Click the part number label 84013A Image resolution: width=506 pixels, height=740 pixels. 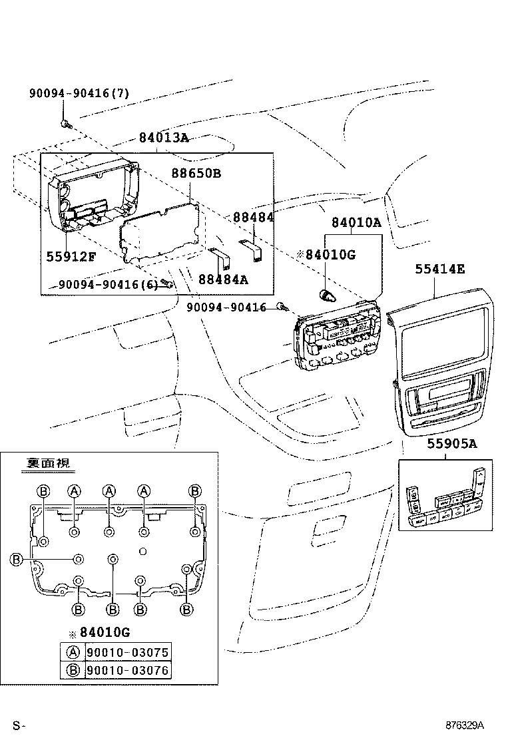point(164,138)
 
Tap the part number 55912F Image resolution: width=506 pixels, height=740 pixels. point(71,256)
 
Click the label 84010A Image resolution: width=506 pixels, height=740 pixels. point(356,223)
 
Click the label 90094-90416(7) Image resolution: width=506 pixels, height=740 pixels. point(79,94)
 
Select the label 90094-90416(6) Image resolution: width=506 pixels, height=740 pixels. point(108,284)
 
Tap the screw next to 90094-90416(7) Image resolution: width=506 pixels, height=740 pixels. point(65,122)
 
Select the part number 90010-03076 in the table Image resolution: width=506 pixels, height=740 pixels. point(127,670)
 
